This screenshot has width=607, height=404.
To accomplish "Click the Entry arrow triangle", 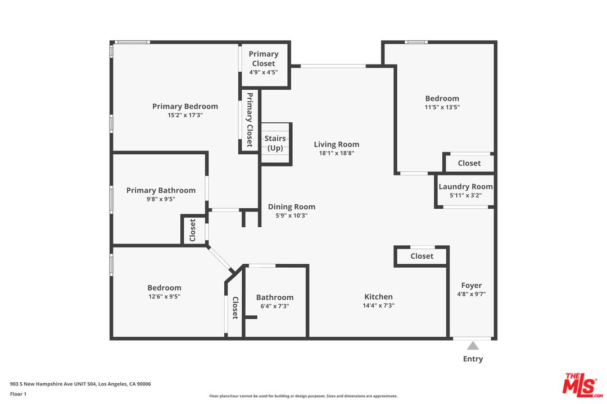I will (473, 346).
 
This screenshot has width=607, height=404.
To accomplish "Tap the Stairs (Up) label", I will (275, 143).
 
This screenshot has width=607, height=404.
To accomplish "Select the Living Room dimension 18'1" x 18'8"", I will (336, 153).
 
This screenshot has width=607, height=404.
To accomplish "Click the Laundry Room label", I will (465, 186).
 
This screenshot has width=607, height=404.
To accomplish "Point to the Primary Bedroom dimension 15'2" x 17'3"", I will (185, 115).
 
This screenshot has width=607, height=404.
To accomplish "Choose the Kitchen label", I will (378, 297).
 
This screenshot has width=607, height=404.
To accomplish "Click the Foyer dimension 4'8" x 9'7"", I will (472, 294).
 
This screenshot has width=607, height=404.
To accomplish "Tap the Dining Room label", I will (291, 206).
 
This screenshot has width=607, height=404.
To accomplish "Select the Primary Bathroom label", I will (161, 190).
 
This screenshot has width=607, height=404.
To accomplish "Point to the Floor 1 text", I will (18, 394).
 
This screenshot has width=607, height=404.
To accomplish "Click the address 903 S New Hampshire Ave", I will (80, 384).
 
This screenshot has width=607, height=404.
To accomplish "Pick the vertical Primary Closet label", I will (250, 120).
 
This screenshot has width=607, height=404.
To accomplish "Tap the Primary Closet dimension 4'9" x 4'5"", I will (263, 72).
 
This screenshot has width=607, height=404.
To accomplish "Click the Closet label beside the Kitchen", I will (422, 256).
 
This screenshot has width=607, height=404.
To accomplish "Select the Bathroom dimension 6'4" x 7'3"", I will (275, 306).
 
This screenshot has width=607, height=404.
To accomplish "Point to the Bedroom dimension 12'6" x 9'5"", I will (164, 296).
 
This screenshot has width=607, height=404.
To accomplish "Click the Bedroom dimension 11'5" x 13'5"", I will (442, 107).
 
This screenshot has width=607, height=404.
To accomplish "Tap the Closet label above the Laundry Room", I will (469, 163).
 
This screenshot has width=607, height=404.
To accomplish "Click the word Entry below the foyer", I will (473, 359).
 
